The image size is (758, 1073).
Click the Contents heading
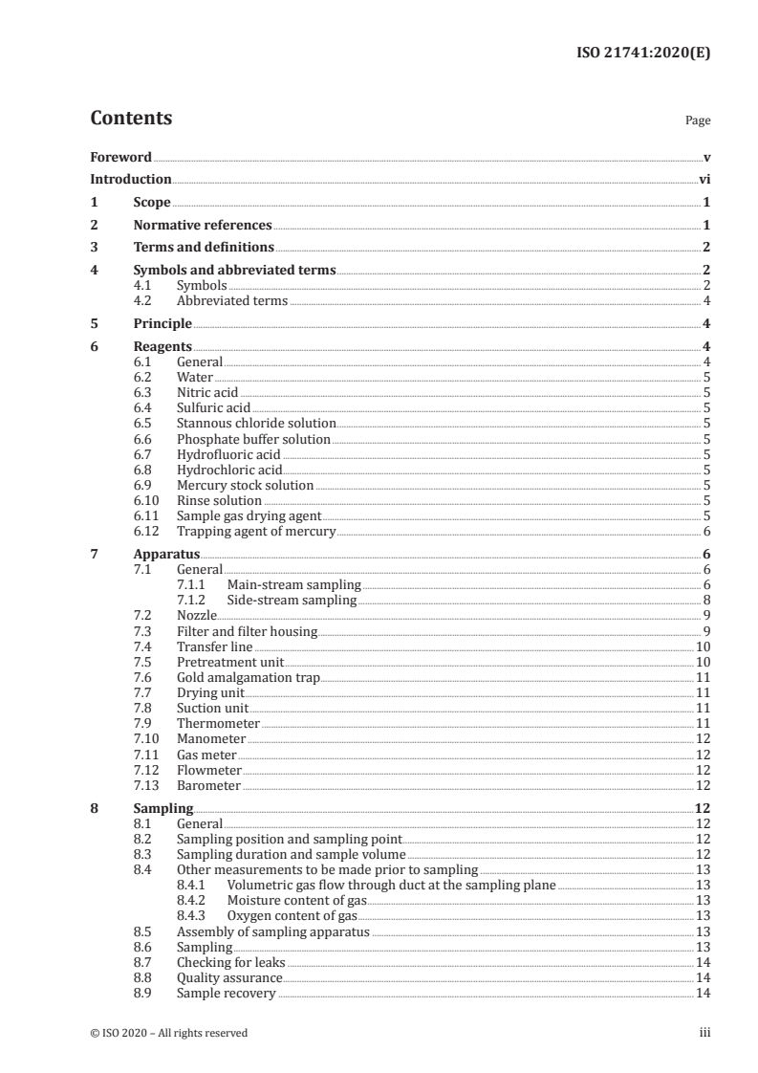[131, 119]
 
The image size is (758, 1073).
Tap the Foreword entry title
[120, 157]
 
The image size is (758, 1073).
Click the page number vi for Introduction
[704, 179]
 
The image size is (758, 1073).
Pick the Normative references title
[203, 225]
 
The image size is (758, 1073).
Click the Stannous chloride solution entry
[256, 423]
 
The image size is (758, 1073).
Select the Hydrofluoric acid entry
[228, 454]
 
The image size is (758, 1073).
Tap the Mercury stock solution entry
[245, 485]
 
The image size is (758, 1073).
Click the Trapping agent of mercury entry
[256, 531]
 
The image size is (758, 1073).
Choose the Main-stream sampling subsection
[293, 584]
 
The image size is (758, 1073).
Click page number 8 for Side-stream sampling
[705, 600]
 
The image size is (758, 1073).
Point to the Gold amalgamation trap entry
[248, 677]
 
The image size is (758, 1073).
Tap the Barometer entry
[208, 785]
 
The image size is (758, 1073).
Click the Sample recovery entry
[226, 993]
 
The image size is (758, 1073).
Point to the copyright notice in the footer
[168, 1033]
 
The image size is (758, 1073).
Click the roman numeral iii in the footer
[704, 1033]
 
